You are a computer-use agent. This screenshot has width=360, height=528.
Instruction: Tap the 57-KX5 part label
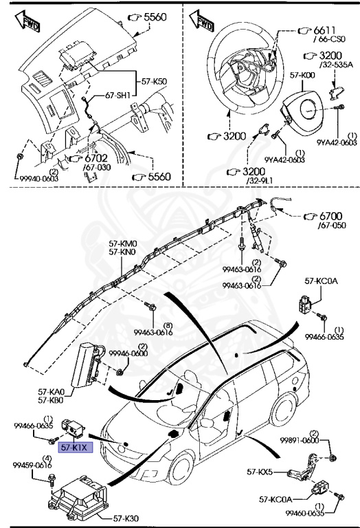click(x=260, y=472)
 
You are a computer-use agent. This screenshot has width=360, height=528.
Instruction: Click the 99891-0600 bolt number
click(x=299, y=441)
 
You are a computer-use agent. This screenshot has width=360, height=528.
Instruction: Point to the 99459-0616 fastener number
click(x=33, y=465)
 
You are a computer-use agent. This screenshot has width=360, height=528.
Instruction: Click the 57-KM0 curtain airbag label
click(x=122, y=243)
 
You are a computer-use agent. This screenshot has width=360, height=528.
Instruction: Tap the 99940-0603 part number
click(x=40, y=178)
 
